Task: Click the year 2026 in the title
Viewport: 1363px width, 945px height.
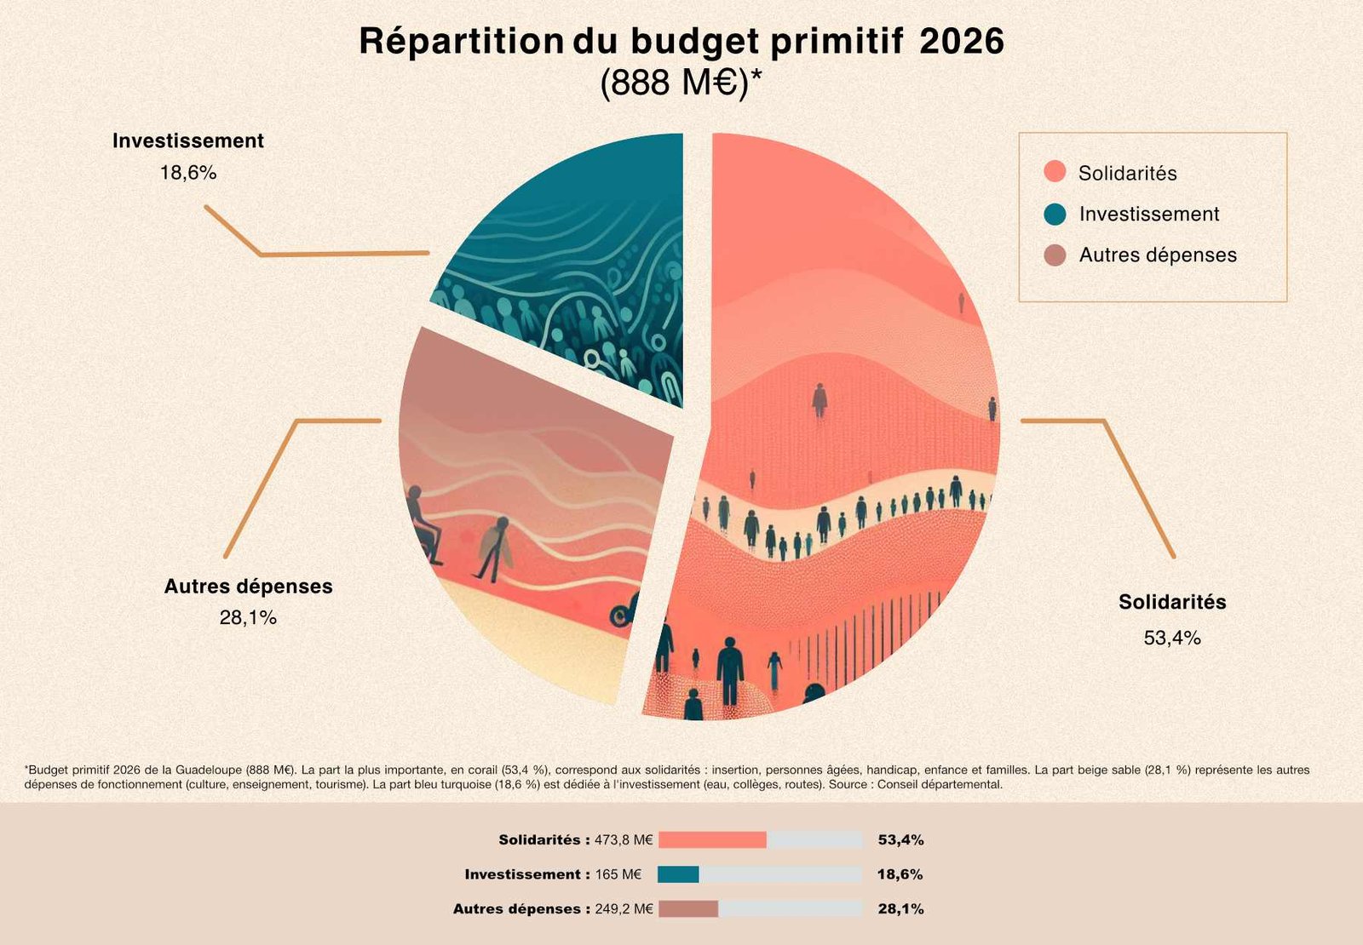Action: point(962,41)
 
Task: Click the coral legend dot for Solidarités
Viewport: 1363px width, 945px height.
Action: point(1055,172)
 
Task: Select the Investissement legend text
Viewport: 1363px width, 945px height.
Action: point(1148,214)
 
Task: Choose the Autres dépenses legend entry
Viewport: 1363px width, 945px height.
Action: point(1157,255)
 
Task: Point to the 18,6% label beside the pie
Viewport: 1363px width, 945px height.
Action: point(188,173)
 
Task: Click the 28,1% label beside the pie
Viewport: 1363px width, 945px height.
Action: point(248,618)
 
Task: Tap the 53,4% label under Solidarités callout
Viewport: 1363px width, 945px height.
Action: point(1172,638)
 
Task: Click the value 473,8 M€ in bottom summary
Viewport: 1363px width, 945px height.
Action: point(624,840)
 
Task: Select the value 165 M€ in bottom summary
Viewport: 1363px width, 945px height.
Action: point(618,874)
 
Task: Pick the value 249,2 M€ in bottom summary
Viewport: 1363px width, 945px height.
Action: point(624,909)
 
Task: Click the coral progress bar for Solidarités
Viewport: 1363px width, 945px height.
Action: point(712,840)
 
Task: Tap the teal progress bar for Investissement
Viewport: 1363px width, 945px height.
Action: point(678,874)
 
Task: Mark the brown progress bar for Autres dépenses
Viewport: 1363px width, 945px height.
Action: point(688,909)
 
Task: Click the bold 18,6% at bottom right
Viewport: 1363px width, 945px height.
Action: point(900,874)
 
